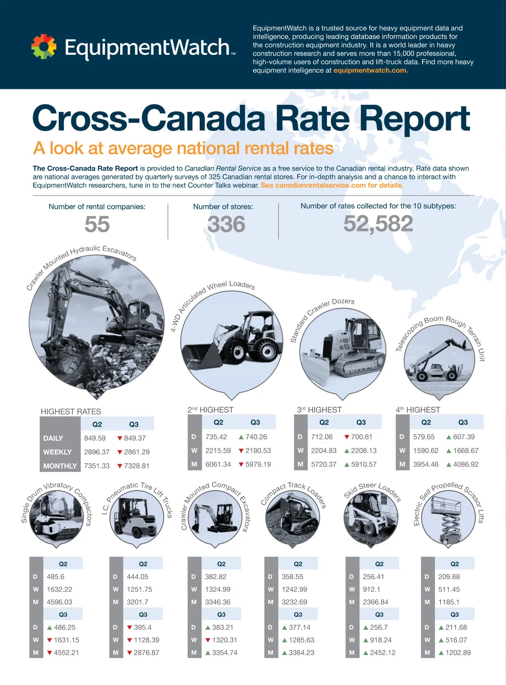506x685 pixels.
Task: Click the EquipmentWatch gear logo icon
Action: [x=44, y=46]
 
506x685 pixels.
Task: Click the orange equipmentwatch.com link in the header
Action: [x=370, y=70]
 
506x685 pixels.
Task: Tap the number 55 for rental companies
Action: [x=97, y=224]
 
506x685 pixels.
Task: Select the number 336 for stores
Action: [x=226, y=224]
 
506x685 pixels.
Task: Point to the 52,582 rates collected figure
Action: [x=378, y=223]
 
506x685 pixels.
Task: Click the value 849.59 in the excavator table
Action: [x=95, y=438]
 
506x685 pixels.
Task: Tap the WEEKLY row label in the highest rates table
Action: [x=57, y=452]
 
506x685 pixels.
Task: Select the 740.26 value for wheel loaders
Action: [x=256, y=437]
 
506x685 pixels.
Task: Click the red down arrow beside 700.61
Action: [x=347, y=437]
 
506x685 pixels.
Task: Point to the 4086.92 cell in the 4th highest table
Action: [x=466, y=465]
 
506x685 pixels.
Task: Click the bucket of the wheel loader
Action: [x=202, y=356]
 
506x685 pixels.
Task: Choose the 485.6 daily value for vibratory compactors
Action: [x=56, y=577]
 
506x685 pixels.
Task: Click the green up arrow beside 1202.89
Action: [x=441, y=653]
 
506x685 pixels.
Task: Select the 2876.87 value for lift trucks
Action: [x=146, y=653]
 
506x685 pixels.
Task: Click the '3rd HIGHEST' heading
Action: [x=319, y=410]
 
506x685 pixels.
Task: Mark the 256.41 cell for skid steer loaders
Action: [x=374, y=577]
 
